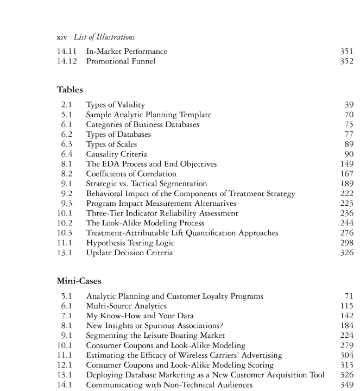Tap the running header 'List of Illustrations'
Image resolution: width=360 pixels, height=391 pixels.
(x=104, y=37)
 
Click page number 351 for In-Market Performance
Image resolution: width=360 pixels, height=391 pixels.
(x=346, y=52)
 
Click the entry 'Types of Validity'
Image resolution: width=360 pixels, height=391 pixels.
(x=115, y=105)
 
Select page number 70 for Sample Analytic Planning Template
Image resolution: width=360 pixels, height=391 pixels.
(x=349, y=115)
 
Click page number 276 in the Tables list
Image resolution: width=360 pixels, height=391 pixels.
(x=346, y=233)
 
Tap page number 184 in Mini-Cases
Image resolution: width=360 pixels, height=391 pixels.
(x=346, y=326)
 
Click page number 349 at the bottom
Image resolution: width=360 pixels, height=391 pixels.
(x=346, y=385)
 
